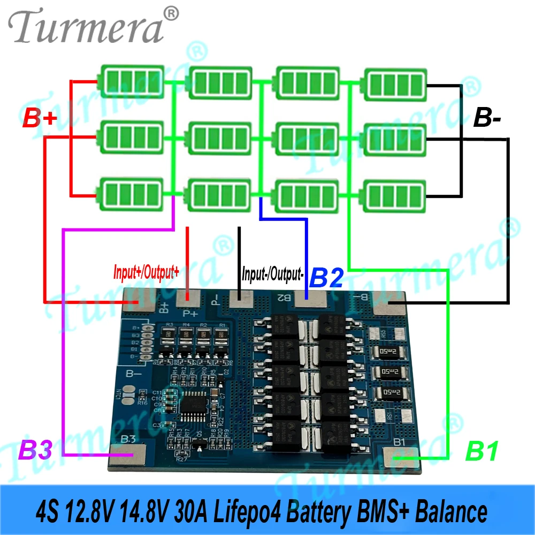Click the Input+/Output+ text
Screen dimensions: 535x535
[146, 272]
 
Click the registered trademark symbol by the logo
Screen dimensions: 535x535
[170, 12]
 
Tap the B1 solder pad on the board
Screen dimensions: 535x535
[401, 456]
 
